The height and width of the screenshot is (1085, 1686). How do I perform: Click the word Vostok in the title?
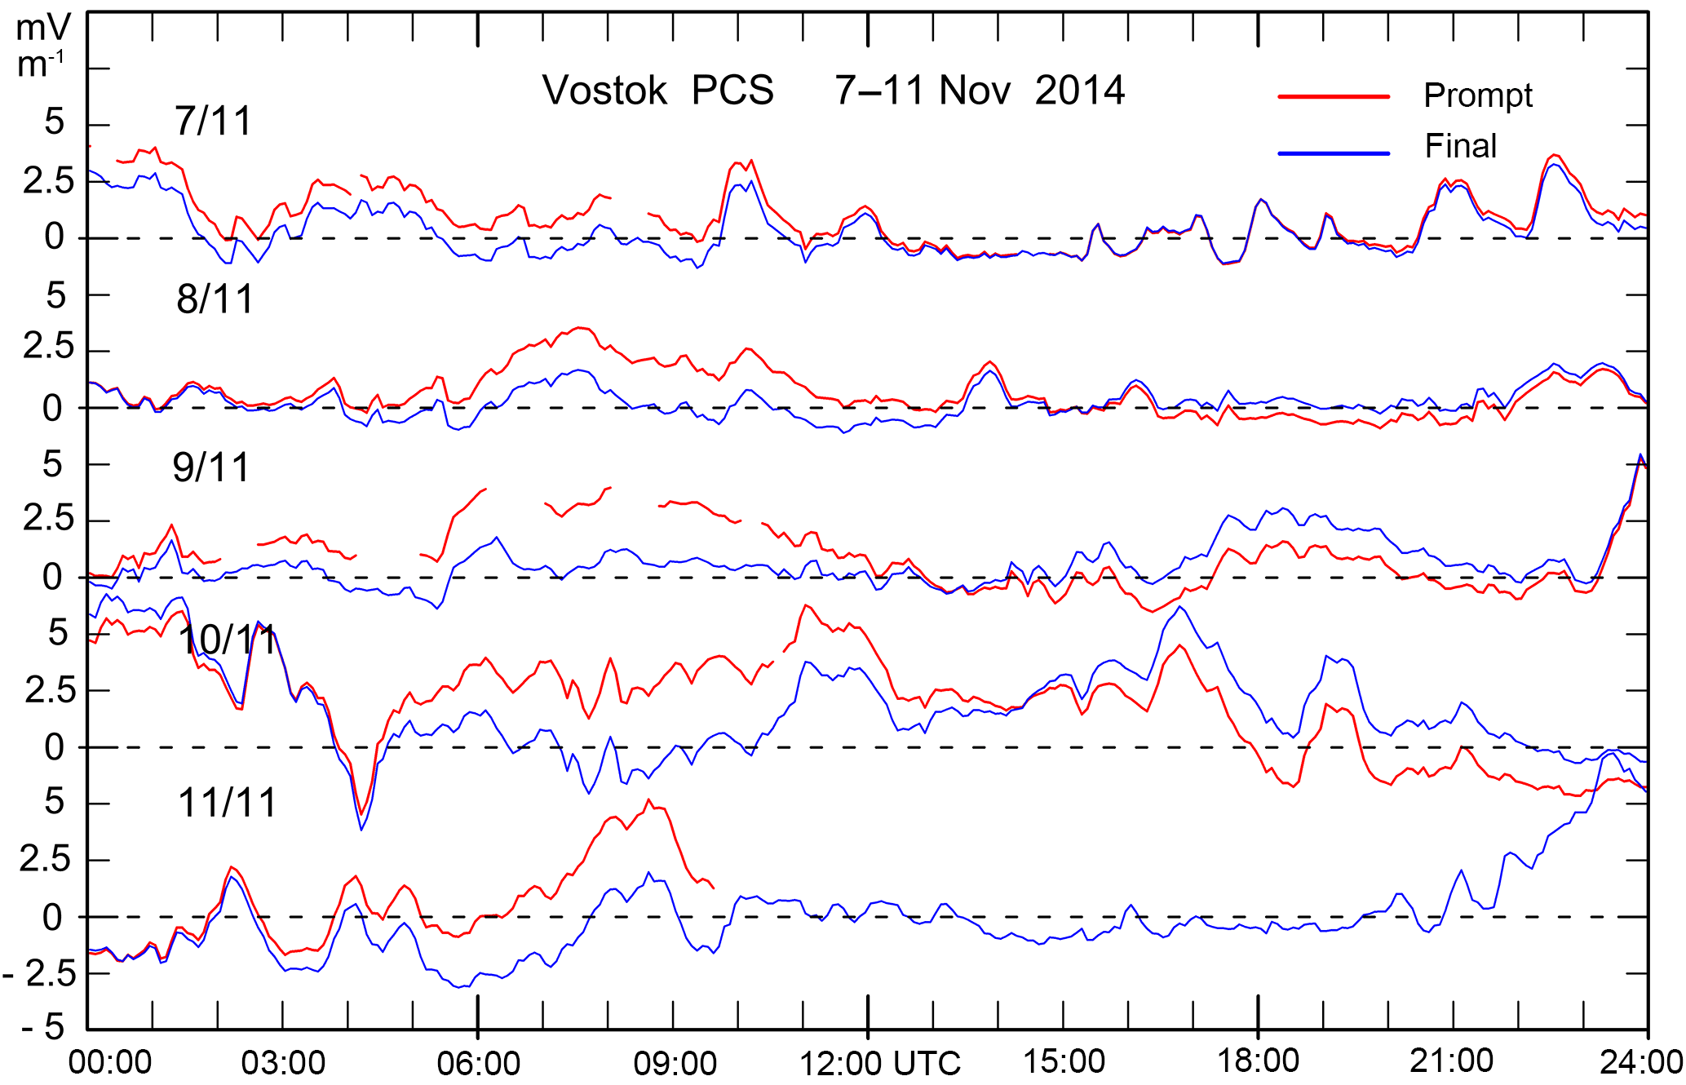[604, 91]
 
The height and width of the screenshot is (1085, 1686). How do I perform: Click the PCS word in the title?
[732, 91]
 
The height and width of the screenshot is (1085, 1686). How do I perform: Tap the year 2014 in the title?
[1080, 91]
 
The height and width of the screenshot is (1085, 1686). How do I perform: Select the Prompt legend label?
[1477, 96]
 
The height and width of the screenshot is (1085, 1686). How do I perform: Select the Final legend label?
[1460, 147]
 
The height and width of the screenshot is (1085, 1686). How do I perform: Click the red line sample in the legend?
[1333, 97]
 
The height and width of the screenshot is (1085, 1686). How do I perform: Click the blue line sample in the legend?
[1333, 153]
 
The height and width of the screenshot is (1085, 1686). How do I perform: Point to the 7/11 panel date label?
[213, 122]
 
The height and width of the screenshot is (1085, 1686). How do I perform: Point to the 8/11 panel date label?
[215, 299]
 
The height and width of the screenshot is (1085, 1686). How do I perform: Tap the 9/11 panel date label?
[210, 468]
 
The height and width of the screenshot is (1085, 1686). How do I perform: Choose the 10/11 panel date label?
[228, 640]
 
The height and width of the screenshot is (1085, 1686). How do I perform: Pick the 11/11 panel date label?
[227, 804]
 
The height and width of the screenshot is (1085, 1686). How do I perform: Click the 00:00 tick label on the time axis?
[110, 1063]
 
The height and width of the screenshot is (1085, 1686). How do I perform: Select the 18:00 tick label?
[1258, 1061]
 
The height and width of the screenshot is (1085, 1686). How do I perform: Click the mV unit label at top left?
[42, 29]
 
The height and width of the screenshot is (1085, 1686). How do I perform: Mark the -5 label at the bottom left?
[42, 1028]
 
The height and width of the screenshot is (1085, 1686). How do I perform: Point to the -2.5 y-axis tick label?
[39, 974]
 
